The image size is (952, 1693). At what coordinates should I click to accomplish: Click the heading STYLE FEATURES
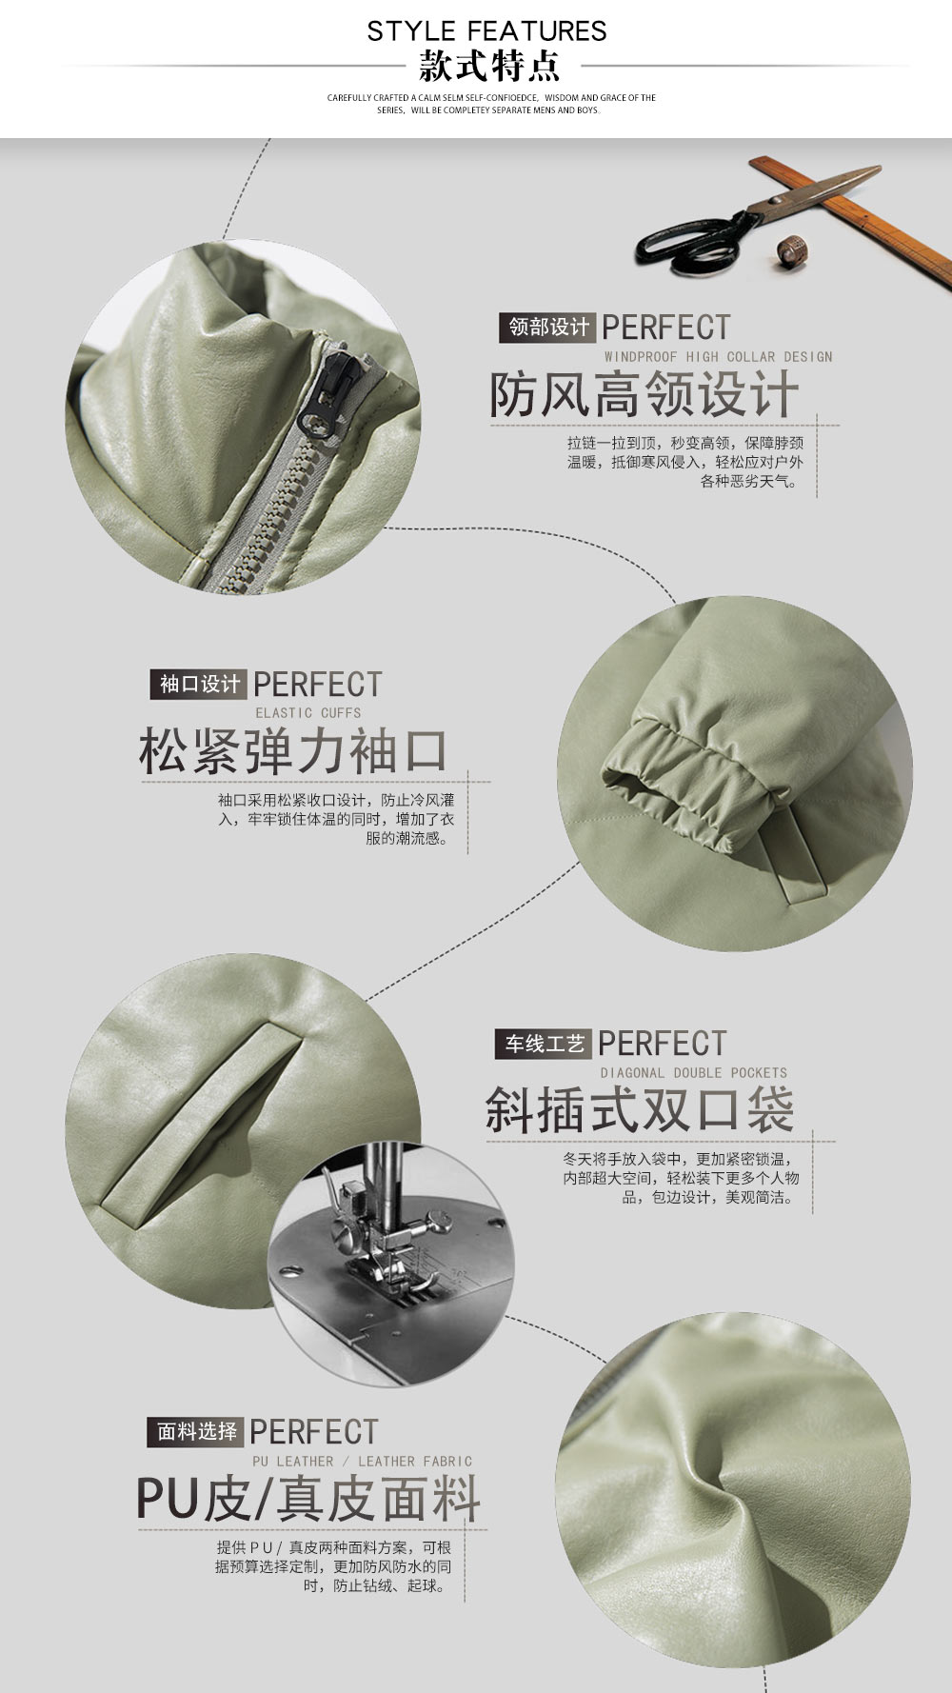pyautogui.click(x=486, y=31)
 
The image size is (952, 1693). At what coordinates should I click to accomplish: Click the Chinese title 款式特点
pyautogui.click(x=489, y=67)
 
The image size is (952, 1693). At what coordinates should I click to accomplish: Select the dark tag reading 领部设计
pyautogui.click(x=548, y=328)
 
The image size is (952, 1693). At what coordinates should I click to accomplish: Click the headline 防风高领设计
pyautogui.click(x=644, y=394)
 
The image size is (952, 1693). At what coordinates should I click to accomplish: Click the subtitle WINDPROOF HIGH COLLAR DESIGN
pyautogui.click(x=718, y=357)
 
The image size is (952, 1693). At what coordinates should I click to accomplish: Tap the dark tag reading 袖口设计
pyautogui.click(x=199, y=685)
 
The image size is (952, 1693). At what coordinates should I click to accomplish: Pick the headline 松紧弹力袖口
pyautogui.click(x=293, y=751)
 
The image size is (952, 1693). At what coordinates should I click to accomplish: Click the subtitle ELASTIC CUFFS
pyautogui.click(x=307, y=713)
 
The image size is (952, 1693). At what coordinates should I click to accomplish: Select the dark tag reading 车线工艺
pyautogui.click(x=544, y=1045)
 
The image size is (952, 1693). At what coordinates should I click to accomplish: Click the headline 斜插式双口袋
pyautogui.click(x=640, y=1110)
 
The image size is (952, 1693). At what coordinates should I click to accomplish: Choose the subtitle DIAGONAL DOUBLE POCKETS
pyautogui.click(x=693, y=1073)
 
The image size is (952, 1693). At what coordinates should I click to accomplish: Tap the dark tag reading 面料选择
pyautogui.click(x=196, y=1432)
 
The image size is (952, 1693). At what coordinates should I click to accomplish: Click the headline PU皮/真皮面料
pyautogui.click(x=307, y=1499)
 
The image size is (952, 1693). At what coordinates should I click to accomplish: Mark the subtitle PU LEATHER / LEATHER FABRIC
pyautogui.click(x=362, y=1462)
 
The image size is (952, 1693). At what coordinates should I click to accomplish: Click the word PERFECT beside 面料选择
pyautogui.click(x=314, y=1432)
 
